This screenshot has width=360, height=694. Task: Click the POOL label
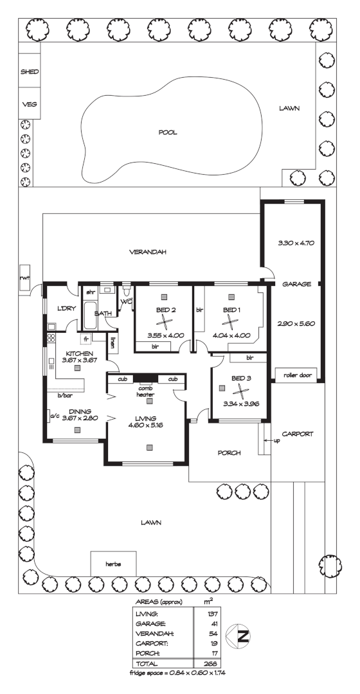click(x=168, y=133)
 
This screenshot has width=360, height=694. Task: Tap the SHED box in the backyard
click(x=30, y=73)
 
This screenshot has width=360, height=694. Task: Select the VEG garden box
click(x=30, y=103)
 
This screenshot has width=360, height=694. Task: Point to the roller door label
click(x=296, y=373)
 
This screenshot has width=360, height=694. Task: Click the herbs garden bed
click(x=113, y=564)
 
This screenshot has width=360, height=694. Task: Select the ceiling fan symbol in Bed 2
click(x=165, y=323)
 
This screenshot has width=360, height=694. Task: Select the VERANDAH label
click(x=147, y=252)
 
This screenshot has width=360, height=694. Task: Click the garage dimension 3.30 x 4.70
click(x=294, y=244)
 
